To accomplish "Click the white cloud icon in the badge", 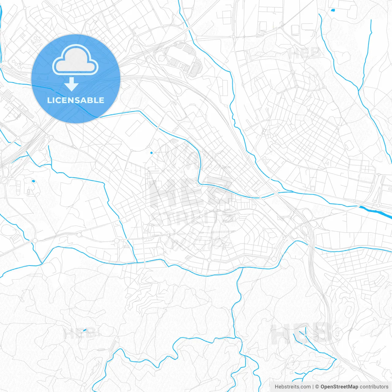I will pos(75,60).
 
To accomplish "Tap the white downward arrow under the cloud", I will pos(71,84).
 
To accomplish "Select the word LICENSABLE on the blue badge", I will pos(76,100).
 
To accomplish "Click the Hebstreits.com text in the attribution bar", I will pos(292,387).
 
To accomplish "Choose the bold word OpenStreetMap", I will pos(339,387).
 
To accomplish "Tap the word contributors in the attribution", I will pos(374,387).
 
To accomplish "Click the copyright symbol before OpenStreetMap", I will pos(317,387).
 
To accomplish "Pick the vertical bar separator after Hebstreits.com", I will pos(313,387).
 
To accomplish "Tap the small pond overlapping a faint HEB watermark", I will pos(85,330).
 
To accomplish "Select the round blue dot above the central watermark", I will pos(151,153).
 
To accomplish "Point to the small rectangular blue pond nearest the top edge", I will pos(333,10).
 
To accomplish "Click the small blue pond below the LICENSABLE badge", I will pos(33,181).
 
